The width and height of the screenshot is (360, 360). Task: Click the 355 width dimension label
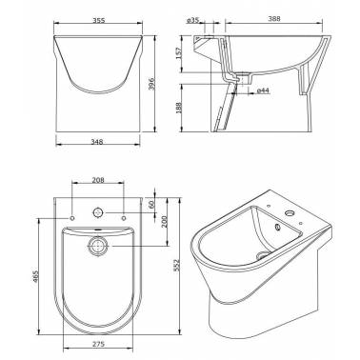coord(99,20)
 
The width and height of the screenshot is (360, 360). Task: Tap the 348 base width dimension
coord(97,142)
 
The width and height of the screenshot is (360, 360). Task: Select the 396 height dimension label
coord(151,84)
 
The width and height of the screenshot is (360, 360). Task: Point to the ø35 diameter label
coord(192,20)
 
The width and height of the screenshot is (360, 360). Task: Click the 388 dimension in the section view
coord(274,19)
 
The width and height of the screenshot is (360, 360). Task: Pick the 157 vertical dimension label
coord(179,53)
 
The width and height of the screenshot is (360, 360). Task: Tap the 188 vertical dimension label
coord(179,108)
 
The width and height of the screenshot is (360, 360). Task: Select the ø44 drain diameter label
coord(263,90)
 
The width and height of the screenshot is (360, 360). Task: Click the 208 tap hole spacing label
coord(98,180)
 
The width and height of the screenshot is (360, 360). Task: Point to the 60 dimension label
coord(151,204)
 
